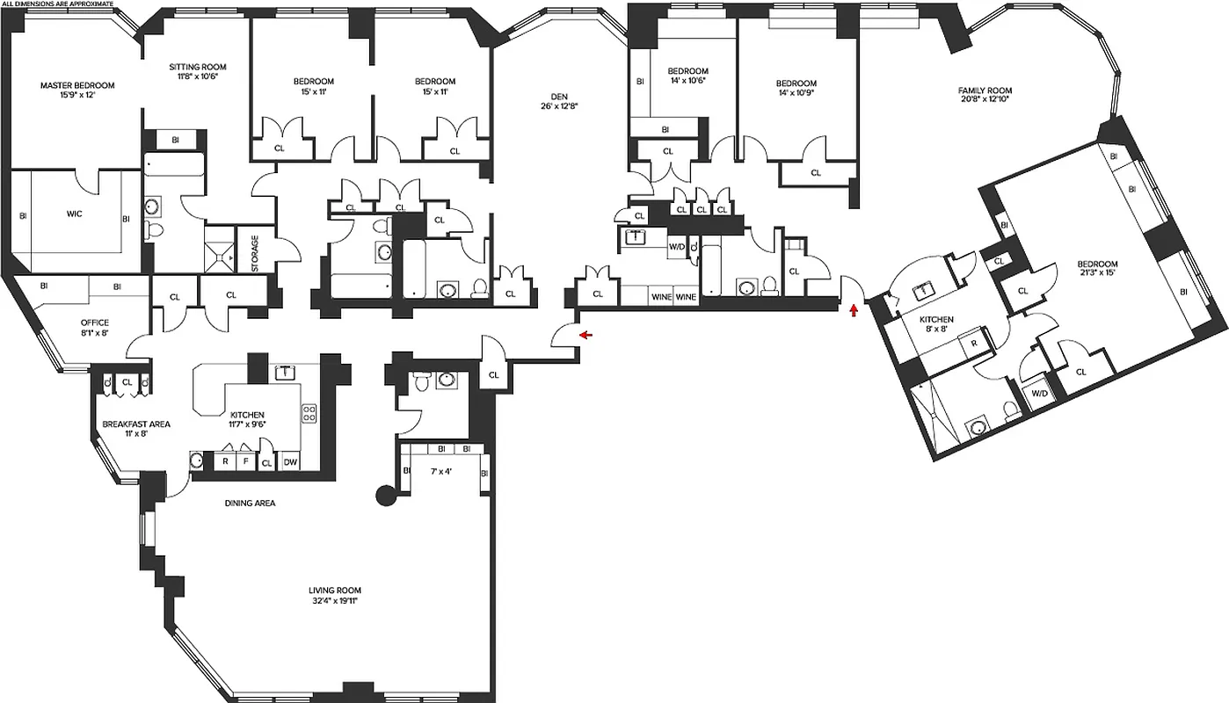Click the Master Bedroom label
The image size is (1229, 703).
(76, 85)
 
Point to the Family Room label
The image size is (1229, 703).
(985, 91)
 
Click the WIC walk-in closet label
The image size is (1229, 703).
(74, 213)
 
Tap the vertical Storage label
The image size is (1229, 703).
(255, 253)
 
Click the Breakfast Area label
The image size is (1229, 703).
(136, 424)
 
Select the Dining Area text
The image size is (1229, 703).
(250, 504)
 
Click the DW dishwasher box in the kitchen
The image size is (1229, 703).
(289, 462)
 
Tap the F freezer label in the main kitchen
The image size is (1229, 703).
(245, 462)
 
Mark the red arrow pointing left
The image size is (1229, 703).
(585, 335)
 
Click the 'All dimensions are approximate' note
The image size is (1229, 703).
(58, 4)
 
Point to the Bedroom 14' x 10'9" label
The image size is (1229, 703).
(796, 88)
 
